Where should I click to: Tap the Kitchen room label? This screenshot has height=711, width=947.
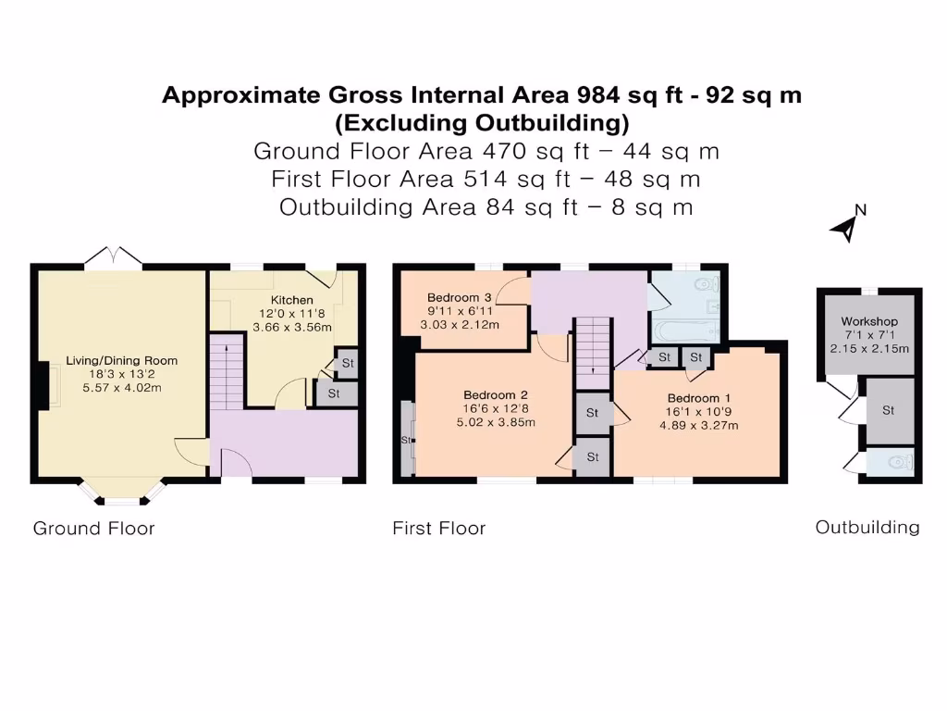pyautogui.click(x=291, y=300)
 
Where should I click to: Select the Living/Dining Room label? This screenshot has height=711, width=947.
pyautogui.click(x=121, y=360)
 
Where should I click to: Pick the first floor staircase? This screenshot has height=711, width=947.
pyautogui.click(x=593, y=352)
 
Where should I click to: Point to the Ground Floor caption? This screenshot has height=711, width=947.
pyautogui.click(x=93, y=529)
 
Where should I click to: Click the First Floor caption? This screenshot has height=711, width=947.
pyautogui.click(x=438, y=529)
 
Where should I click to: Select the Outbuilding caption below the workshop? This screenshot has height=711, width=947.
pyautogui.click(x=867, y=527)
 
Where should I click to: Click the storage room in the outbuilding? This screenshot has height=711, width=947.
pyautogui.click(x=888, y=410)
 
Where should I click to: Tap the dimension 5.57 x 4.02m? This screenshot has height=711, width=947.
pyautogui.click(x=121, y=387)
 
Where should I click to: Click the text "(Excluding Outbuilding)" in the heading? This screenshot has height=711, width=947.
pyautogui.click(x=481, y=122)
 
